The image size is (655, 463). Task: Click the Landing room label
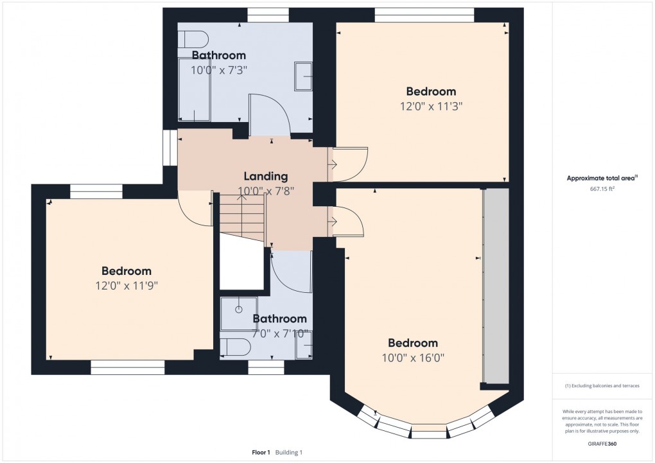266,177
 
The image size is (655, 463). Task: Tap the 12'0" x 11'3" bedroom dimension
431,107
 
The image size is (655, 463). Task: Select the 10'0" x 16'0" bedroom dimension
413,358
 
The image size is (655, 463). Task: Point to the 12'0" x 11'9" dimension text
127,286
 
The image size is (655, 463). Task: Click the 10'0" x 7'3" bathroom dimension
219,70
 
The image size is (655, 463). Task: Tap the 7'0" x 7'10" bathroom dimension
280,335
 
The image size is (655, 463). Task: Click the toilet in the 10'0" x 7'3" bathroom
193,40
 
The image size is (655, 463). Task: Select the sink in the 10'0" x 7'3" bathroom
304,76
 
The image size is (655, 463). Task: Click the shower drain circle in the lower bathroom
238,310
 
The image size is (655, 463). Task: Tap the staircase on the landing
243,218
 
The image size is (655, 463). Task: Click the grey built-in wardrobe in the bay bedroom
496,286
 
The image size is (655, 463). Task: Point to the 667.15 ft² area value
602,189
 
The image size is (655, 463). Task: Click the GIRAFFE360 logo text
602,444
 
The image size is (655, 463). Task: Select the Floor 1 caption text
261,453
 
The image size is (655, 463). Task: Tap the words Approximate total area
600,179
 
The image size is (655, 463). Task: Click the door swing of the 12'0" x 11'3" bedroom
351,164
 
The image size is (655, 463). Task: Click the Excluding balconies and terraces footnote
602,386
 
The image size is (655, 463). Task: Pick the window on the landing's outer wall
170,148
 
